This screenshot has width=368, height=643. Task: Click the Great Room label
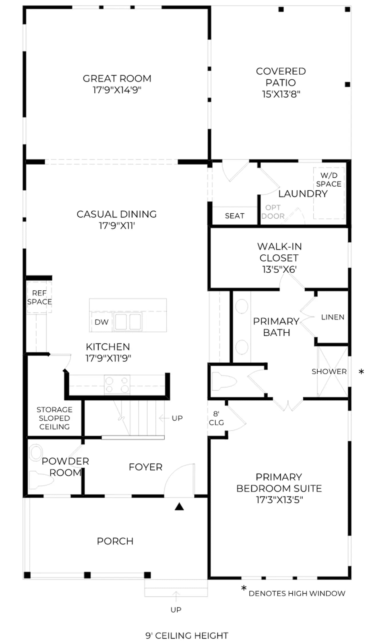(117, 78)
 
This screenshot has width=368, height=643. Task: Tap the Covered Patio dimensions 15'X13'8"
(281, 94)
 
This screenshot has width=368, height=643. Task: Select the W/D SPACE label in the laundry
(329, 179)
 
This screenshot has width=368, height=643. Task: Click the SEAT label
(235, 216)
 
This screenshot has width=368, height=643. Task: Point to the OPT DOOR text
(273, 212)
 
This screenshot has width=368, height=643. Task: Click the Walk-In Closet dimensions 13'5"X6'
(279, 269)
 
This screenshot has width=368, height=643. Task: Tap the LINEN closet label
(333, 317)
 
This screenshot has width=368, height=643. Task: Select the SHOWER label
(329, 372)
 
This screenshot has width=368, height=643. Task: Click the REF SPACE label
(39, 297)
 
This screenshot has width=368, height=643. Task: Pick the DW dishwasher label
(102, 322)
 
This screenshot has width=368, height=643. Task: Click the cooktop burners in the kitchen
(117, 385)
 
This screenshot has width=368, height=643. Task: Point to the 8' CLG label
(216, 418)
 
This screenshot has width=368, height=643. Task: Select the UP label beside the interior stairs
(177, 418)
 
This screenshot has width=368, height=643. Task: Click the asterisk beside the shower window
(361, 372)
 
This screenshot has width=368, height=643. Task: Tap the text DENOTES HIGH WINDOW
(297, 594)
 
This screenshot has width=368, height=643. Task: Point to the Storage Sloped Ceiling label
(54, 418)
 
